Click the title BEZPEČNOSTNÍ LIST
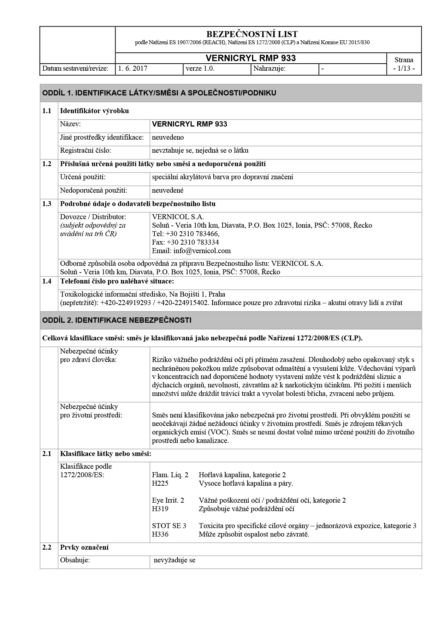pyautogui.click(x=251, y=34)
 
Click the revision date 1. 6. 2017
pyautogui.click(x=133, y=69)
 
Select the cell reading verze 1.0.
pyautogui.click(x=200, y=69)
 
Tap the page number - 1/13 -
pyautogui.click(x=404, y=68)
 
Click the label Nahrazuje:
pyautogui.click(x=270, y=69)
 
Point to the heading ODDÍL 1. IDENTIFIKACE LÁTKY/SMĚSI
pyautogui.click(x=159, y=93)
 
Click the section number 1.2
pyautogui.click(x=47, y=164)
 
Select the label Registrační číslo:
pyautogui.click(x=85, y=151)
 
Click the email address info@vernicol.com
pyautogui.click(x=202, y=251)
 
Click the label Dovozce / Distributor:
pyautogui.click(x=93, y=217)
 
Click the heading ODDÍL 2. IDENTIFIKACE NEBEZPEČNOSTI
pyautogui.click(x=117, y=320)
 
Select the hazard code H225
pyautogui.click(x=160, y=483)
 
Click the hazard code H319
pyautogui.click(x=160, y=509)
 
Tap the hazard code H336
pyautogui.click(x=160, y=534)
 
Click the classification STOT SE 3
pyautogui.click(x=169, y=526)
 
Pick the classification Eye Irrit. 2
pyautogui.click(x=168, y=500)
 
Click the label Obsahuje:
pyautogui.click(x=75, y=560)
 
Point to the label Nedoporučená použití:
pyautogui.click(x=93, y=191)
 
